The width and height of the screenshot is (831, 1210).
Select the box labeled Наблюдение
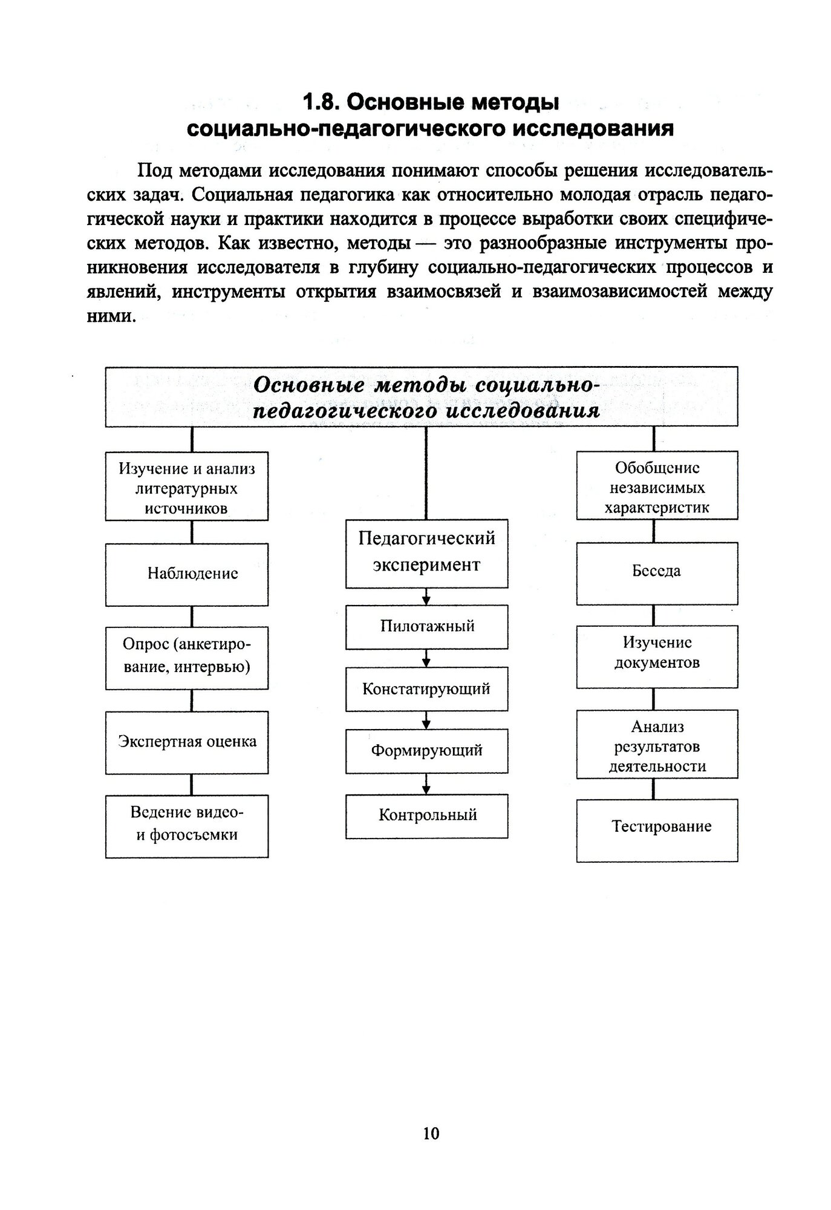187,574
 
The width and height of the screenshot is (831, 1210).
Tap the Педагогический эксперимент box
426,552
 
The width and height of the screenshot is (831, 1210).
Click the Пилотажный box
426,626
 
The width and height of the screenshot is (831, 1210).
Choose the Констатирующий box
426,689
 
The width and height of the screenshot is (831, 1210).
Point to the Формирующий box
426,751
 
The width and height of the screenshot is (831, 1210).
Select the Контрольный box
426,816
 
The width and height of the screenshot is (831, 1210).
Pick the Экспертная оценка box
187,742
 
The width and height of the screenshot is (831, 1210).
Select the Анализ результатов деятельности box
657,745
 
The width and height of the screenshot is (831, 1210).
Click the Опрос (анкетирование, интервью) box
187,658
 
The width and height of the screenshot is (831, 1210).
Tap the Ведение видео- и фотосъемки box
187,826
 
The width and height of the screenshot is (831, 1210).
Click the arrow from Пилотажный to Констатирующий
426,658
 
